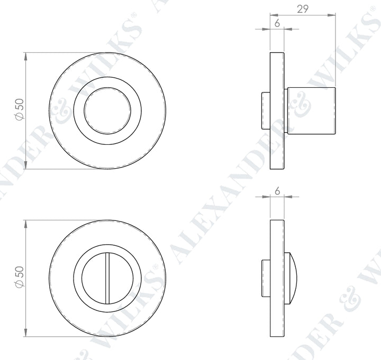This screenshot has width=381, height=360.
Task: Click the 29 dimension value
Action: tap(303, 8)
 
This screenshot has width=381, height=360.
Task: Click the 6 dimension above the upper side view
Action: tap(277, 23)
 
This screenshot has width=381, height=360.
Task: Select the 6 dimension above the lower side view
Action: tap(277, 191)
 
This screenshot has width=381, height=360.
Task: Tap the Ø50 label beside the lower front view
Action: tap(20, 278)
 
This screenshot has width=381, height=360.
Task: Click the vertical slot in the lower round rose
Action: tap(107, 279)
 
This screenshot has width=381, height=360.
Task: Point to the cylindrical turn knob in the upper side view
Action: tap(311, 110)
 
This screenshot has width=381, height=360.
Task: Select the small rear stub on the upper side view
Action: tap(266, 110)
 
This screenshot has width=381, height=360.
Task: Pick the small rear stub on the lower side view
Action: tap(266, 279)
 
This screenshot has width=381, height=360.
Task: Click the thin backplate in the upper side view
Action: tap(277, 110)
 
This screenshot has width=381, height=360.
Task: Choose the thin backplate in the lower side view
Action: tap(277, 279)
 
